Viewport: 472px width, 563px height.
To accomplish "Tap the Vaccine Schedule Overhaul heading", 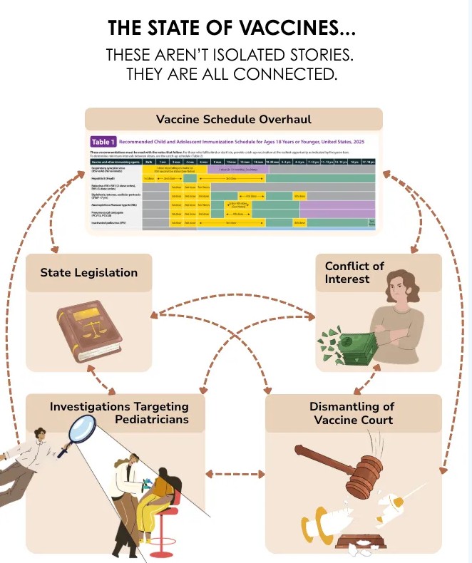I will coord(233,118).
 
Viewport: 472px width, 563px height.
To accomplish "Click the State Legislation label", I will coord(88,272).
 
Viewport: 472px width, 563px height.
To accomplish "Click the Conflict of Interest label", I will coord(354,272).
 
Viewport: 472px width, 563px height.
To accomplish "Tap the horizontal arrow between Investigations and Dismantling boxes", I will coord(235,473).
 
